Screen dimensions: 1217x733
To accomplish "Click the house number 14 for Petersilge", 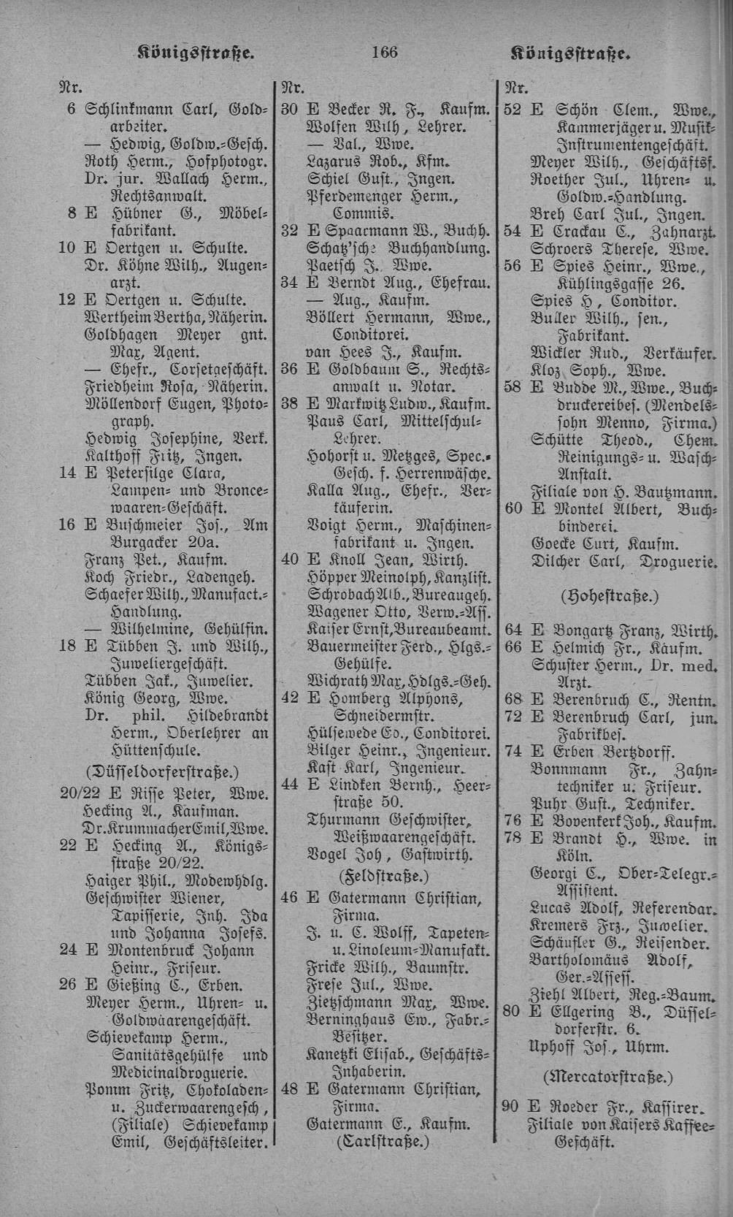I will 67,472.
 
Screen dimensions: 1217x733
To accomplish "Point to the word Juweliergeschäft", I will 169,664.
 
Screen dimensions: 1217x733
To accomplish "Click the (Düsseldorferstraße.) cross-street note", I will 162,771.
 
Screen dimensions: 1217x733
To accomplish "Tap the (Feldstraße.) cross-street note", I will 384,875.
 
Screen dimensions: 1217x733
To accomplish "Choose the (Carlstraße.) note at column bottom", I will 383,1141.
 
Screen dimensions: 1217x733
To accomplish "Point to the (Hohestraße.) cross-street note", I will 609,595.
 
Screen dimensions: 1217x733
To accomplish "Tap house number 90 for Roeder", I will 512,1106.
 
